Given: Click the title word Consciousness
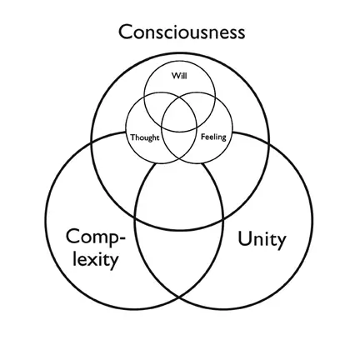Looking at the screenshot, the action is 182,32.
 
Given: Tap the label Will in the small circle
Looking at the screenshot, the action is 179,76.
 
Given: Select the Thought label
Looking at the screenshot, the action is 145,137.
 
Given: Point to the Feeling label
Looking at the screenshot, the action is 213,137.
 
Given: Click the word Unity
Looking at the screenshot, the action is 262,239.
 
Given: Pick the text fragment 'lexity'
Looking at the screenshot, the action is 96,259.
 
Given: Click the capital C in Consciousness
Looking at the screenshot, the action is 125,32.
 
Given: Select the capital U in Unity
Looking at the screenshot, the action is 244,238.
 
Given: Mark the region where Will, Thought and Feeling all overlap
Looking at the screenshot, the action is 179,119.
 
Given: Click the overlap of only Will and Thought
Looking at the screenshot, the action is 153,107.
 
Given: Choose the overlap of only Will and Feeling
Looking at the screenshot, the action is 205,107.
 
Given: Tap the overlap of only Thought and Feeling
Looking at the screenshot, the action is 179,146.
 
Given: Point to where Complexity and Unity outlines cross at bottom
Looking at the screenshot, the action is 179,297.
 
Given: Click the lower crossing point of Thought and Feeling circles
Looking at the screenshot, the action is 179,160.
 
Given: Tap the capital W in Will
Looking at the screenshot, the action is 176,76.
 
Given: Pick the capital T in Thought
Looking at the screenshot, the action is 133,137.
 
